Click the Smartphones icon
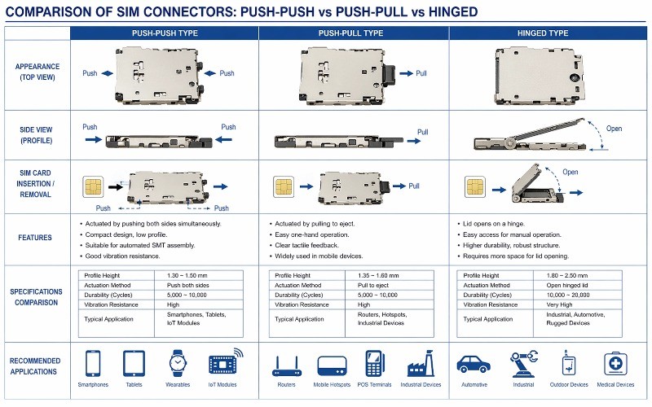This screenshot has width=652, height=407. pyautogui.click(x=93, y=363)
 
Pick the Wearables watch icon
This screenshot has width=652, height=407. pyautogui.click(x=178, y=363)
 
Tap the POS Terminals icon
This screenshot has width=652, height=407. pyautogui.click(x=375, y=363)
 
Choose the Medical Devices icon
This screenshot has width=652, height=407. pyautogui.click(x=618, y=363)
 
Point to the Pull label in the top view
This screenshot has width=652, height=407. pyautogui.click(x=421, y=72)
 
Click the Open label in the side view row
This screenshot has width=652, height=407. pyautogui.click(x=614, y=128)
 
